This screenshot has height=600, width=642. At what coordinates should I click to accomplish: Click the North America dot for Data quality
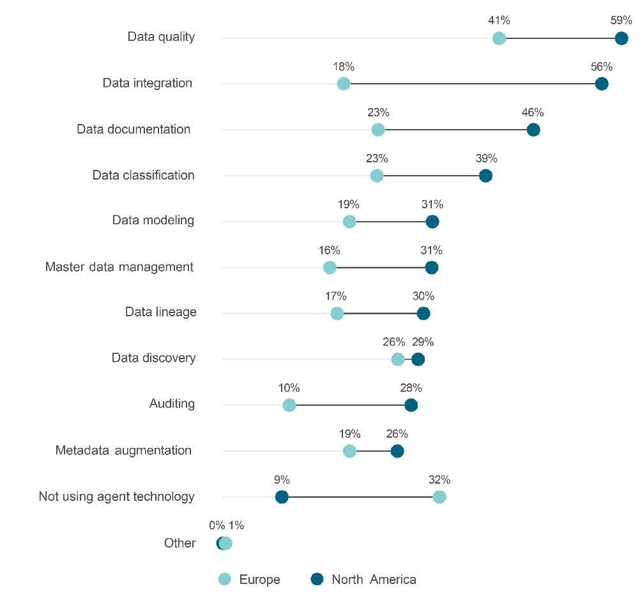[621, 38]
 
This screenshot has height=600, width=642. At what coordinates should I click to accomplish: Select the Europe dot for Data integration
[344, 84]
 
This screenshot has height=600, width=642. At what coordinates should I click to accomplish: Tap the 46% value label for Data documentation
[533, 112]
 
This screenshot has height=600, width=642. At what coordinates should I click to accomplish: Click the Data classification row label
[143, 175]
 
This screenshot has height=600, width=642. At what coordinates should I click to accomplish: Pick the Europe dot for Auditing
[289, 405]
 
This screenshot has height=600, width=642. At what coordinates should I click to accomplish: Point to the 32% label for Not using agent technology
[439, 480]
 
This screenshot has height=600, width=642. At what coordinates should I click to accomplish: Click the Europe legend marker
[224, 580]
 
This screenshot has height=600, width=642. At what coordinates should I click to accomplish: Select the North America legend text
[374, 580]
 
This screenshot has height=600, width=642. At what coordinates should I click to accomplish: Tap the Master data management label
[119, 267]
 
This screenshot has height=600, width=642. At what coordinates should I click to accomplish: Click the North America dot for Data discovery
[418, 359]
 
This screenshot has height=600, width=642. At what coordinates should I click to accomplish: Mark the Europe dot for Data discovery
[397, 359]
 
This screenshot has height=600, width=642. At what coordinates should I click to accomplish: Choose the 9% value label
[282, 480]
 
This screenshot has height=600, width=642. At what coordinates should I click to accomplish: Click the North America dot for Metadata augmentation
[397, 451]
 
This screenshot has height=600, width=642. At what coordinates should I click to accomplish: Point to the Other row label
[180, 543]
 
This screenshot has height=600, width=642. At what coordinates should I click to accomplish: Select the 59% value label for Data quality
[621, 20]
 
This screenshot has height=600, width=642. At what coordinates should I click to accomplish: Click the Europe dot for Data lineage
[337, 313]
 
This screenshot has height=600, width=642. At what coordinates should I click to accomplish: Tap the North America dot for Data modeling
[432, 222]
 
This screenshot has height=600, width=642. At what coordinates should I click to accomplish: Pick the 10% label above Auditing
[289, 388]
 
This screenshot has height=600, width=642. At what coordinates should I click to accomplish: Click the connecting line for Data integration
[473, 84]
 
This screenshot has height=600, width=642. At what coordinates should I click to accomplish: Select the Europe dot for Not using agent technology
[439, 497]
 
